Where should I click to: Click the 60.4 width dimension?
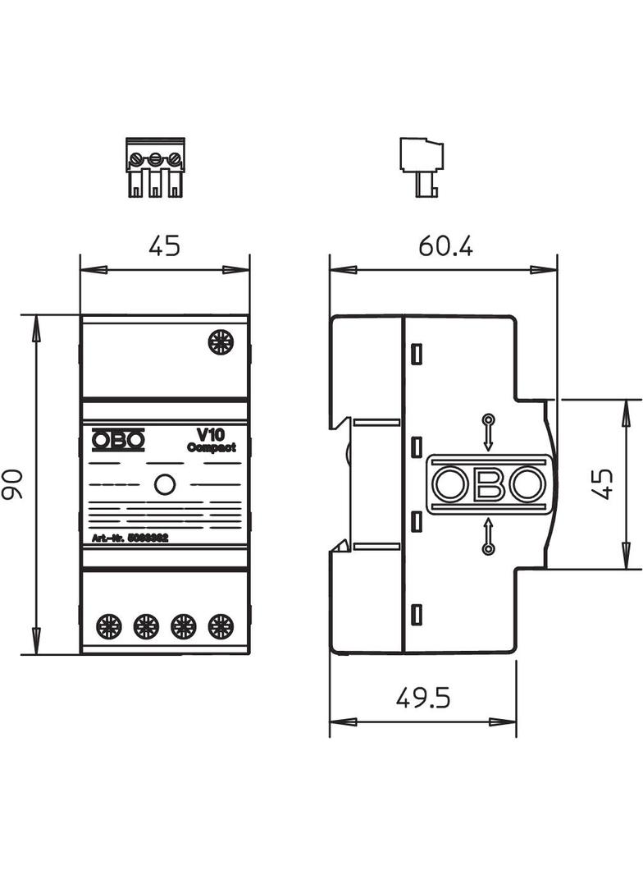pos(445,245)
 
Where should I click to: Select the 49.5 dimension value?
pos(423,698)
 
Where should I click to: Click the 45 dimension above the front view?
pos(164,245)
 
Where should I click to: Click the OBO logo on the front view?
pos(118,441)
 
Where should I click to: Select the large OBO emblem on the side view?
pos(489,484)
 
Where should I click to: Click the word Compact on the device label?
pos(212,447)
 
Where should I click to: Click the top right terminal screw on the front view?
pos(221,341)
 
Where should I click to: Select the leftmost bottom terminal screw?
pos(108,627)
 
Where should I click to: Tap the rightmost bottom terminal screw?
pos(221,627)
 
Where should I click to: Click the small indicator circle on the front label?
pos(165,484)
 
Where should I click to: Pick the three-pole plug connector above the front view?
pos(154,168)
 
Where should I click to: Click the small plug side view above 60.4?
pos(422,167)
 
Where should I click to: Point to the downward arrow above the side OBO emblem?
pos(488,433)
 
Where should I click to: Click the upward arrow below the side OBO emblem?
pos(488,535)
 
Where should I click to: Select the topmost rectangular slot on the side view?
pos(416,355)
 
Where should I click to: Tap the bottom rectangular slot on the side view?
pos(416,614)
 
